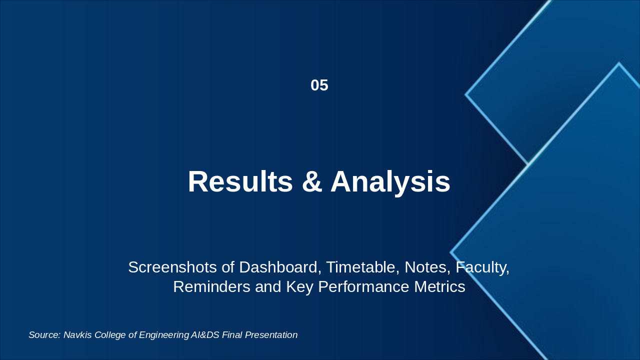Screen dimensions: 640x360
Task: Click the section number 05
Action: coord(319,85)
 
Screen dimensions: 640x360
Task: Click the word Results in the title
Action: coord(240,181)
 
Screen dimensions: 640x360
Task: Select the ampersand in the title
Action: coord(312,181)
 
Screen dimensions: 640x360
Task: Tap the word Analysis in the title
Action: coord(390,183)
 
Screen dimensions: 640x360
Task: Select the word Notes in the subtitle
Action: coord(427,267)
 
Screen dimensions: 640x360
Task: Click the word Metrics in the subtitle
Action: coord(439,286)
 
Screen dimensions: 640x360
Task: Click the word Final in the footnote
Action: coord(232,335)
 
